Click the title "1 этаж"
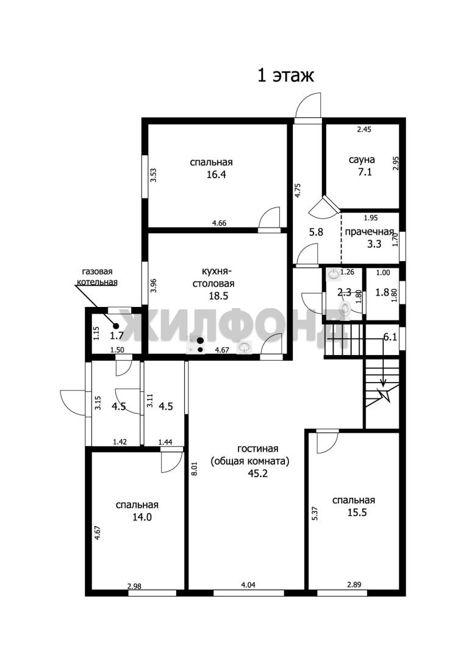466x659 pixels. pyautogui.click(x=285, y=76)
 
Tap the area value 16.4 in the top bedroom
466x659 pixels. pyautogui.click(x=216, y=175)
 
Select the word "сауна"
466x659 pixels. pyautogui.click(x=361, y=160)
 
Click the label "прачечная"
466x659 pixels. pyautogui.click(x=370, y=232)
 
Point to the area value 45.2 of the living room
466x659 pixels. pyautogui.click(x=258, y=474)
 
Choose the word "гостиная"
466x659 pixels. pyautogui.click(x=257, y=449)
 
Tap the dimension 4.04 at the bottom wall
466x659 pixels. pyautogui.click(x=248, y=585)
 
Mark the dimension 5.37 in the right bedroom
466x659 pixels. pyautogui.click(x=314, y=513)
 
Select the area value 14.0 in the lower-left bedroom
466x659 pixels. pyautogui.click(x=142, y=517)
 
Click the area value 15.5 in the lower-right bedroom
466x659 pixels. pyautogui.click(x=357, y=513)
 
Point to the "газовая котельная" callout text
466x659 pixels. pyautogui.click(x=97, y=277)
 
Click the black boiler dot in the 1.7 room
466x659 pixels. pyautogui.click(x=116, y=326)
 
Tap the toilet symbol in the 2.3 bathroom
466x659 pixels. pyautogui.click(x=345, y=309)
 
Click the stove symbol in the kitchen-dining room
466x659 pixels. pyautogui.click(x=196, y=345)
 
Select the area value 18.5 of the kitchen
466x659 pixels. pyautogui.click(x=218, y=296)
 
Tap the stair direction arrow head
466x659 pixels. pyautogui.click(x=383, y=383)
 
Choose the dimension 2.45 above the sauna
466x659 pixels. pyautogui.click(x=364, y=129)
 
